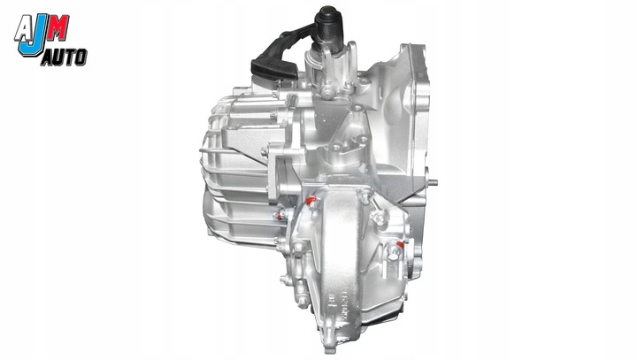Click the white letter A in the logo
(24, 29)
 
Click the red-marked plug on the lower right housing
(406, 242)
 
